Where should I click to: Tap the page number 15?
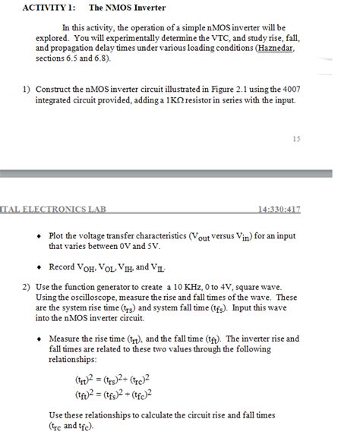coord(296,138)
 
